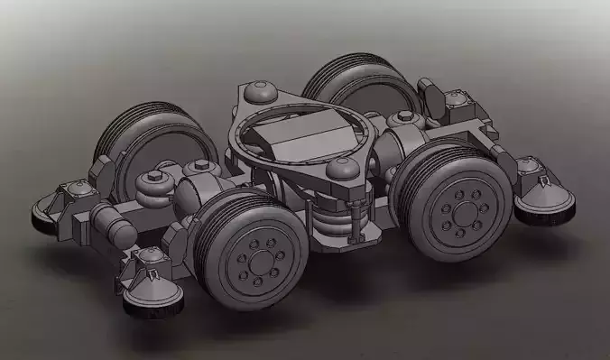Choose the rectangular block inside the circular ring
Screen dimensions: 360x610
pyautogui.click(x=307, y=137)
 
